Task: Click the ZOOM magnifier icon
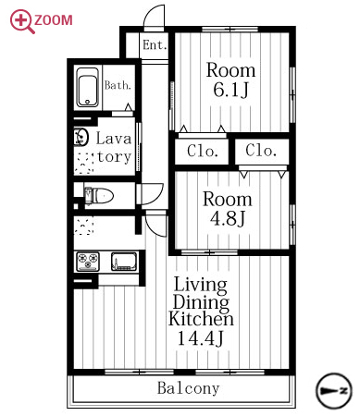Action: tap(21, 21)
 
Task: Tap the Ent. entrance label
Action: tap(155, 45)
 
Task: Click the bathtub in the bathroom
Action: tap(88, 87)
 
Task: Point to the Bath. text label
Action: tap(118, 85)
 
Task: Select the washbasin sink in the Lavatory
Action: tap(81, 137)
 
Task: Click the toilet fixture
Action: tap(99, 196)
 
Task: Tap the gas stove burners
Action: tap(88, 262)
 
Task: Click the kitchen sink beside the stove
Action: tap(124, 262)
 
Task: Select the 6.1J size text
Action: tap(230, 90)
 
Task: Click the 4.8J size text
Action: tap(228, 218)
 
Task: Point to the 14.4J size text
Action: tap(200, 338)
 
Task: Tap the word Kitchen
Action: tap(201, 319)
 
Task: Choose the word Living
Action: tap(201, 285)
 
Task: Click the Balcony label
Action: tap(189, 388)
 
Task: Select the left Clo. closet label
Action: tap(203, 151)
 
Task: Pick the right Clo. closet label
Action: tap(261, 151)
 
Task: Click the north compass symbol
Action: tap(334, 391)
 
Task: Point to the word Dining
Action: tap(201, 302)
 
